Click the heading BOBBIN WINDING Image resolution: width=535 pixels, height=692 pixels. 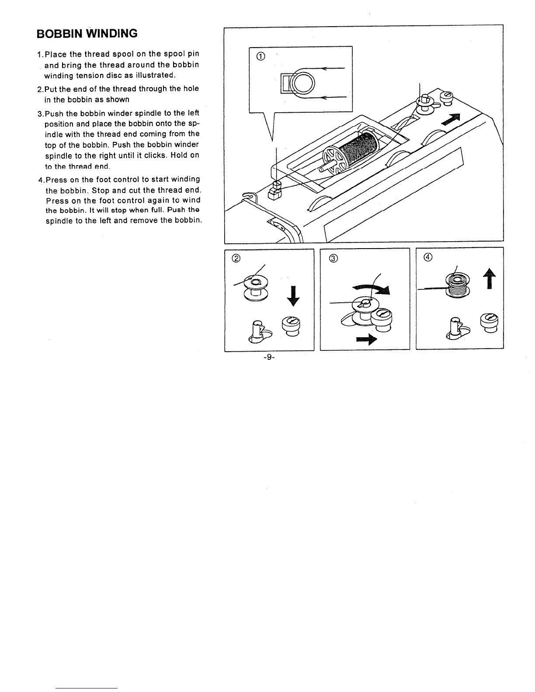point(87,33)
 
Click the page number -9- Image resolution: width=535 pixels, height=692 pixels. point(268,357)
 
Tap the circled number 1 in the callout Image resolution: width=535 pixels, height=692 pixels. point(261,56)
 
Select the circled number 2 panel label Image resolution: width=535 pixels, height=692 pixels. point(236,258)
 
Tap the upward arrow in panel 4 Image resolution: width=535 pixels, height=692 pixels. point(490,279)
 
